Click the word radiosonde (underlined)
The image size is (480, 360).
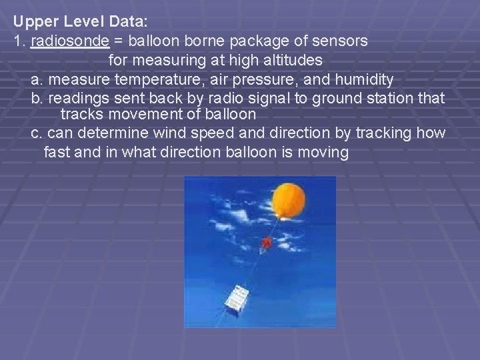tap(70, 41)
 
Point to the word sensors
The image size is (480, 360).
tap(339, 41)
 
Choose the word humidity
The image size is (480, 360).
tap(361, 80)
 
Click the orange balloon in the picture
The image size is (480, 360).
tap(289, 205)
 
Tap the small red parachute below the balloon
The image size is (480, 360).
tap(267, 243)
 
